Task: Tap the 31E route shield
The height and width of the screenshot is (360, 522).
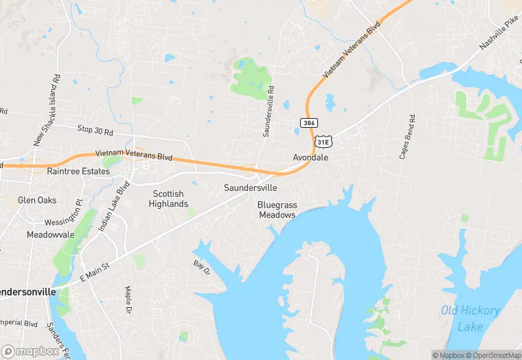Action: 323,141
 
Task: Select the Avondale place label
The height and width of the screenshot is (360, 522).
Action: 311,157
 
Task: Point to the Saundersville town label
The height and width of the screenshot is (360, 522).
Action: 251,188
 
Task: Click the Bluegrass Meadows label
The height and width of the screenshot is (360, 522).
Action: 277,210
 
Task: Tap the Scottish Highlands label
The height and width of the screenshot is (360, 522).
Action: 168,199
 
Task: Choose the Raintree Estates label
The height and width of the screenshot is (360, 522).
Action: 78,171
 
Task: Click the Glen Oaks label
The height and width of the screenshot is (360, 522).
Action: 37,201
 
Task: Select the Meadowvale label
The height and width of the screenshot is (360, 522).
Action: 50,234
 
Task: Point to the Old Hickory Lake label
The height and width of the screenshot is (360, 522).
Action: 470,318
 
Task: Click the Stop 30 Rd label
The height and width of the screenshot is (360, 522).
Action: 95,129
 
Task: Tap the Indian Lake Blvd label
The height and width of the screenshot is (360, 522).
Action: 113,206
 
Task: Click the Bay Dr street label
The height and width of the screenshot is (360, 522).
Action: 201,267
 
